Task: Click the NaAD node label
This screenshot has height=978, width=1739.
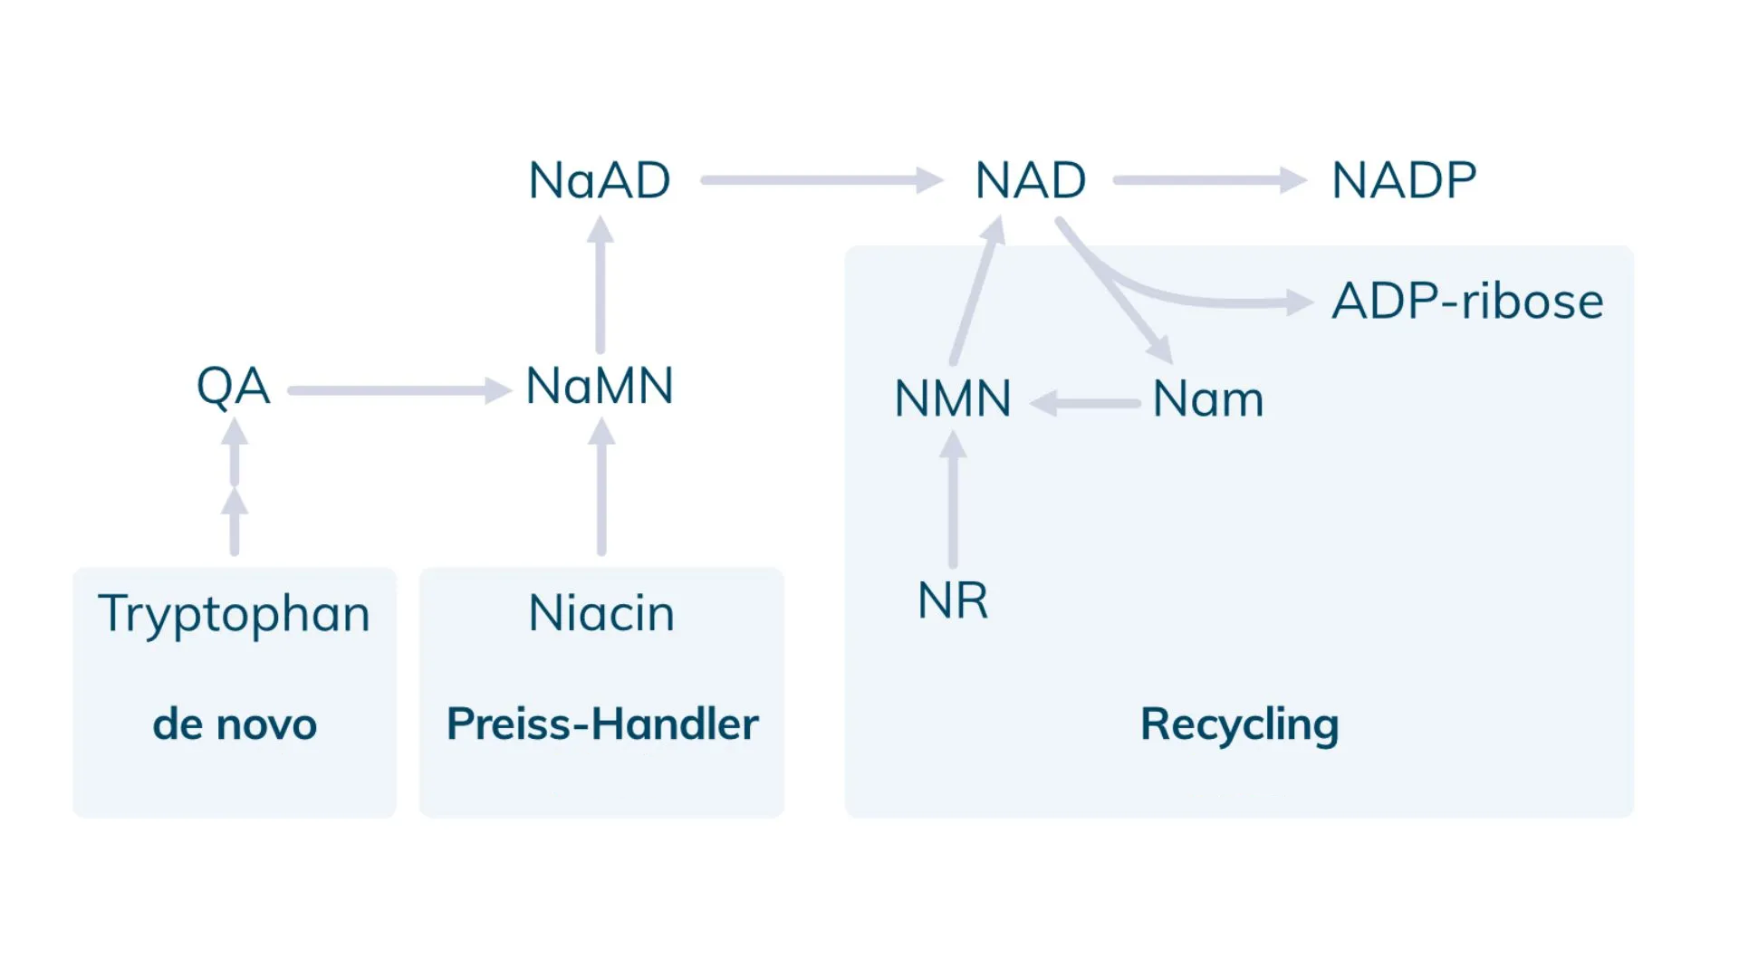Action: point(600,180)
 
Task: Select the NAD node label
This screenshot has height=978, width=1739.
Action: point(1031,180)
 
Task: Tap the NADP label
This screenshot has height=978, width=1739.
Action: point(1404,180)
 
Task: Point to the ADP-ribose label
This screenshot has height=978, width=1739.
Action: point(1467,302)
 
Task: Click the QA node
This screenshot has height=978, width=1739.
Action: point(234,388)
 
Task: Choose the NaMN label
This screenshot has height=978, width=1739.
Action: point(600,386)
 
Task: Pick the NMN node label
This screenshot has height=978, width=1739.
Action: point(953,399)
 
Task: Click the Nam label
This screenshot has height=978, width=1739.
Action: point(1208,399)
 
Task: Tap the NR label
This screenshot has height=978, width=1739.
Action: point(953,600)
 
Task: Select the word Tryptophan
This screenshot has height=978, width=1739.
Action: point(235,615)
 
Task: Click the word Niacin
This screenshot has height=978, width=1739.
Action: point(601,613)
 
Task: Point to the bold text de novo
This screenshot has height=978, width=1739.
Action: point(235,724)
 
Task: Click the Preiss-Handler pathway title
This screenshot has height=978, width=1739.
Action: point(602,724)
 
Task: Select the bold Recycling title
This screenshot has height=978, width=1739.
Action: point(1240,725)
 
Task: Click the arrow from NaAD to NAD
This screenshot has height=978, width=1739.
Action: point(822,180)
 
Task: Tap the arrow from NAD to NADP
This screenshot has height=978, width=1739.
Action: point(1210,180)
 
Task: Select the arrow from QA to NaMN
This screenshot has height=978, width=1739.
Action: point(400,391)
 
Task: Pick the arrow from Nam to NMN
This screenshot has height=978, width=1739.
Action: point(1085,404)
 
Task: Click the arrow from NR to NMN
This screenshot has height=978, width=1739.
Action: point(953,499)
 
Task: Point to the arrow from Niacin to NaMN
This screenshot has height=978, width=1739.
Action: point(601,486)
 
